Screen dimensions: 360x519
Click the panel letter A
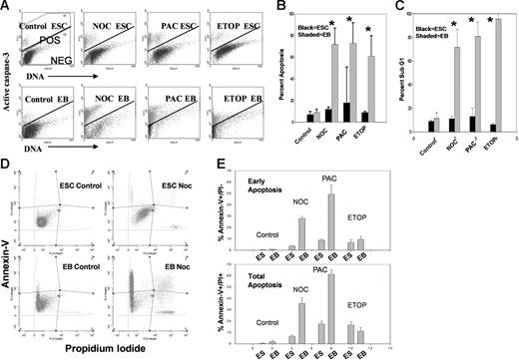point(8,8)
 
